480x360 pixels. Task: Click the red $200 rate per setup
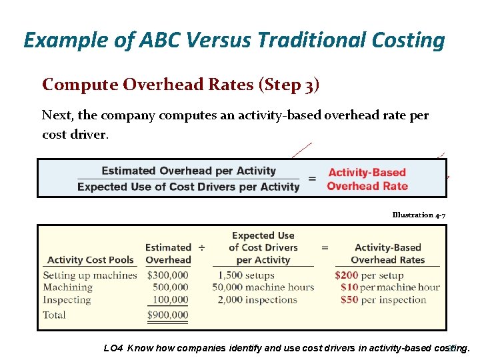(x=347, y=275)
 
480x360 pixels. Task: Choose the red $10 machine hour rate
(x=349, y=287)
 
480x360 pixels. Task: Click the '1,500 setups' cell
(x=246, y=275)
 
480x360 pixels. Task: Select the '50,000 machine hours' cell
(x=263, y=287)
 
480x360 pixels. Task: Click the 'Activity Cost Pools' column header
(x=91, y=260)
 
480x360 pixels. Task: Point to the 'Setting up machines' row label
(x=89, y=275)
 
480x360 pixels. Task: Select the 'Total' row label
(x=54, y=315)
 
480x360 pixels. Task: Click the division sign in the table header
(x=201, y=247)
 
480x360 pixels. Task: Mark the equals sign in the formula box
(x=312, y=179)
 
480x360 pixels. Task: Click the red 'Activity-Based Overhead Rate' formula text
(x=367, y=179)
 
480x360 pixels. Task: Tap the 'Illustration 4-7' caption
(x=419, y=215)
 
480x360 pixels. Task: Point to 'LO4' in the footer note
(x=113, y=347)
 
